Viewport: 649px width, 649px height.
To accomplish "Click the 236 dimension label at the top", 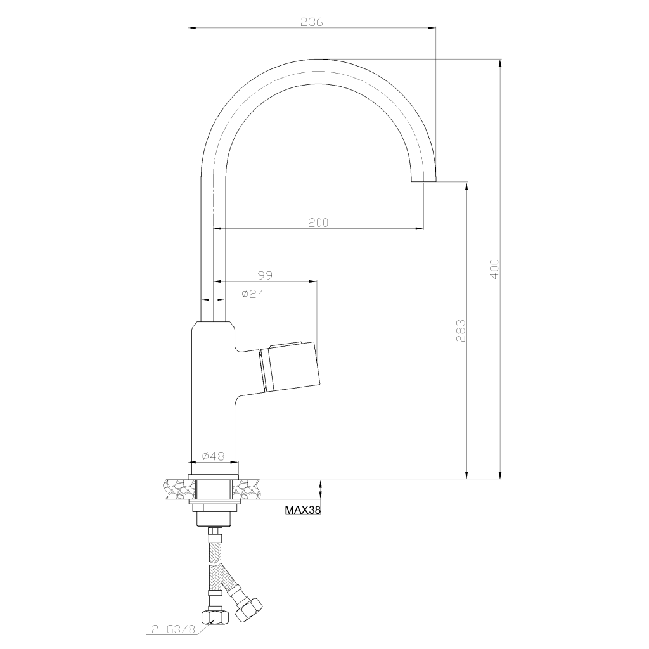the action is [x=311, y=22].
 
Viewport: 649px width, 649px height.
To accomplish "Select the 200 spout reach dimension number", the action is [x=318, y=222].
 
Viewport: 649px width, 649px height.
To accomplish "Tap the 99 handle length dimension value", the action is [x=265, y=275].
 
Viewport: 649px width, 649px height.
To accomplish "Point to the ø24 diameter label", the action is [x=252, y=294].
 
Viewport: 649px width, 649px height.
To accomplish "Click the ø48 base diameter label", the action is [x=213, y=456].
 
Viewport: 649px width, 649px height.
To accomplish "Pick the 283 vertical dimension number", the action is [x=461, y=330].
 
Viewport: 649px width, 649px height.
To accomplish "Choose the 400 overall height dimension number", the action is [x=494, y=269].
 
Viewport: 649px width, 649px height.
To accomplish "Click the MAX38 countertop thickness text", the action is [x=302, y=510].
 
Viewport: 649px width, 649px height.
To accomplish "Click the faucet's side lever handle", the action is [x=290, y=367].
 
